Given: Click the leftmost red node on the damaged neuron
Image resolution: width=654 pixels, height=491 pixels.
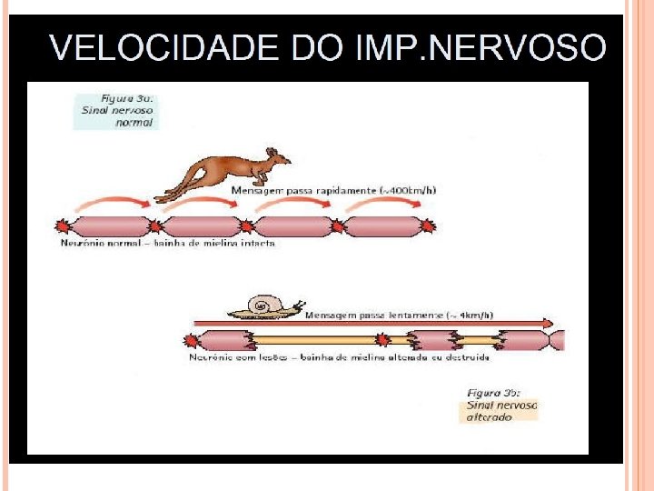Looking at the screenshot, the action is click(192, 341).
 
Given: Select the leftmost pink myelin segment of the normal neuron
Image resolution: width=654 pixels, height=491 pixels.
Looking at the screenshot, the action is click(108, 225).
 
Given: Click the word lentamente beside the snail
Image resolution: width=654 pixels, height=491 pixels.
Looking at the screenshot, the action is click(416, 315).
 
